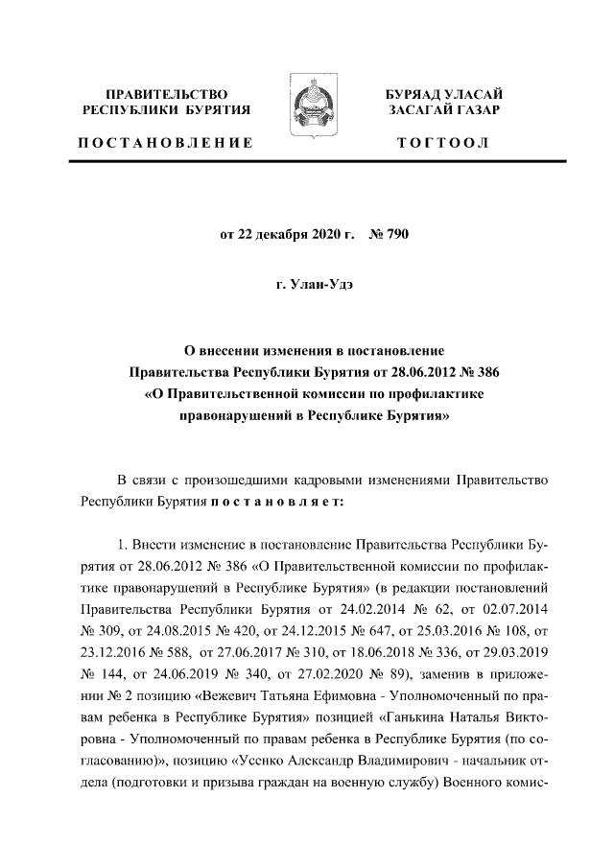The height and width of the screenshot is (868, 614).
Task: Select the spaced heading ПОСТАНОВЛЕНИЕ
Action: (x=165, y=143)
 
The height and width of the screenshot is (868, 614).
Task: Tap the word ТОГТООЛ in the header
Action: (x=442, y=143)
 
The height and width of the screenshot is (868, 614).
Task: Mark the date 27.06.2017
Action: (x=233, y=652)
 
